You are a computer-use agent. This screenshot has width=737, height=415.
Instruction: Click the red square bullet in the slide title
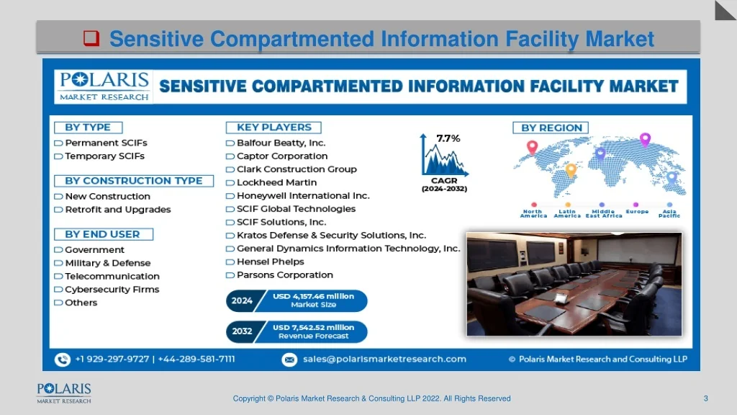(91, 38)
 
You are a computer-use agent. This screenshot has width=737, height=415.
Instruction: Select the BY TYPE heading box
(89, 128)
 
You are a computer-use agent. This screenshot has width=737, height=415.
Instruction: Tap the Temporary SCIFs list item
(104, 156)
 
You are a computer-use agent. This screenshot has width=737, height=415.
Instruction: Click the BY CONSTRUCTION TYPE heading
(134, 181)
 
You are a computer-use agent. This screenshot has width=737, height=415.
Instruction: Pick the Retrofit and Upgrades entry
(118, 210)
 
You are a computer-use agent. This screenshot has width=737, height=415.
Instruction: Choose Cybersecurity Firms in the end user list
(112, 290)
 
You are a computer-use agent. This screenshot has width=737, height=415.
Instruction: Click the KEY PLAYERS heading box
(273, 128)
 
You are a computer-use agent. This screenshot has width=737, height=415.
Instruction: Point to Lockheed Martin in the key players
(277, 182)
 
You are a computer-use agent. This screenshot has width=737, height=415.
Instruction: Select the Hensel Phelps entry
(271, 262)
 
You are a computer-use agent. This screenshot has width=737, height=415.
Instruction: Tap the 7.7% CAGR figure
(448, 138)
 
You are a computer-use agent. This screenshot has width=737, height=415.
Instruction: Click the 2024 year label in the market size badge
(242, 300)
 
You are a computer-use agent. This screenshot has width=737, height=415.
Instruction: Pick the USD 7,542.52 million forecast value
(314, 328)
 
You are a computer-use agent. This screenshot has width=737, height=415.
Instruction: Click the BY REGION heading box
(551, 128)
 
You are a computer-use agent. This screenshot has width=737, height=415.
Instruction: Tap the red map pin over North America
(532, 147)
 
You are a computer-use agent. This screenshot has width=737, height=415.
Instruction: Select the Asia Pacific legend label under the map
(669, 213)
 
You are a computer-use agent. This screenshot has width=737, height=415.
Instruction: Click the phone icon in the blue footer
(63, 360)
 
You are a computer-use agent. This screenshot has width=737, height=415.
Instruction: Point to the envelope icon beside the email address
(289, 360)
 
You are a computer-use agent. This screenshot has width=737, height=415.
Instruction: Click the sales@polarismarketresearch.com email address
(384, 359)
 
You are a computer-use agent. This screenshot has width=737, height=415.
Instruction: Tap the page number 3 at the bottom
(705, 398)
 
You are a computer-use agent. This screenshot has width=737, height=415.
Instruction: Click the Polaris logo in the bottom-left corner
(64, 393)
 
